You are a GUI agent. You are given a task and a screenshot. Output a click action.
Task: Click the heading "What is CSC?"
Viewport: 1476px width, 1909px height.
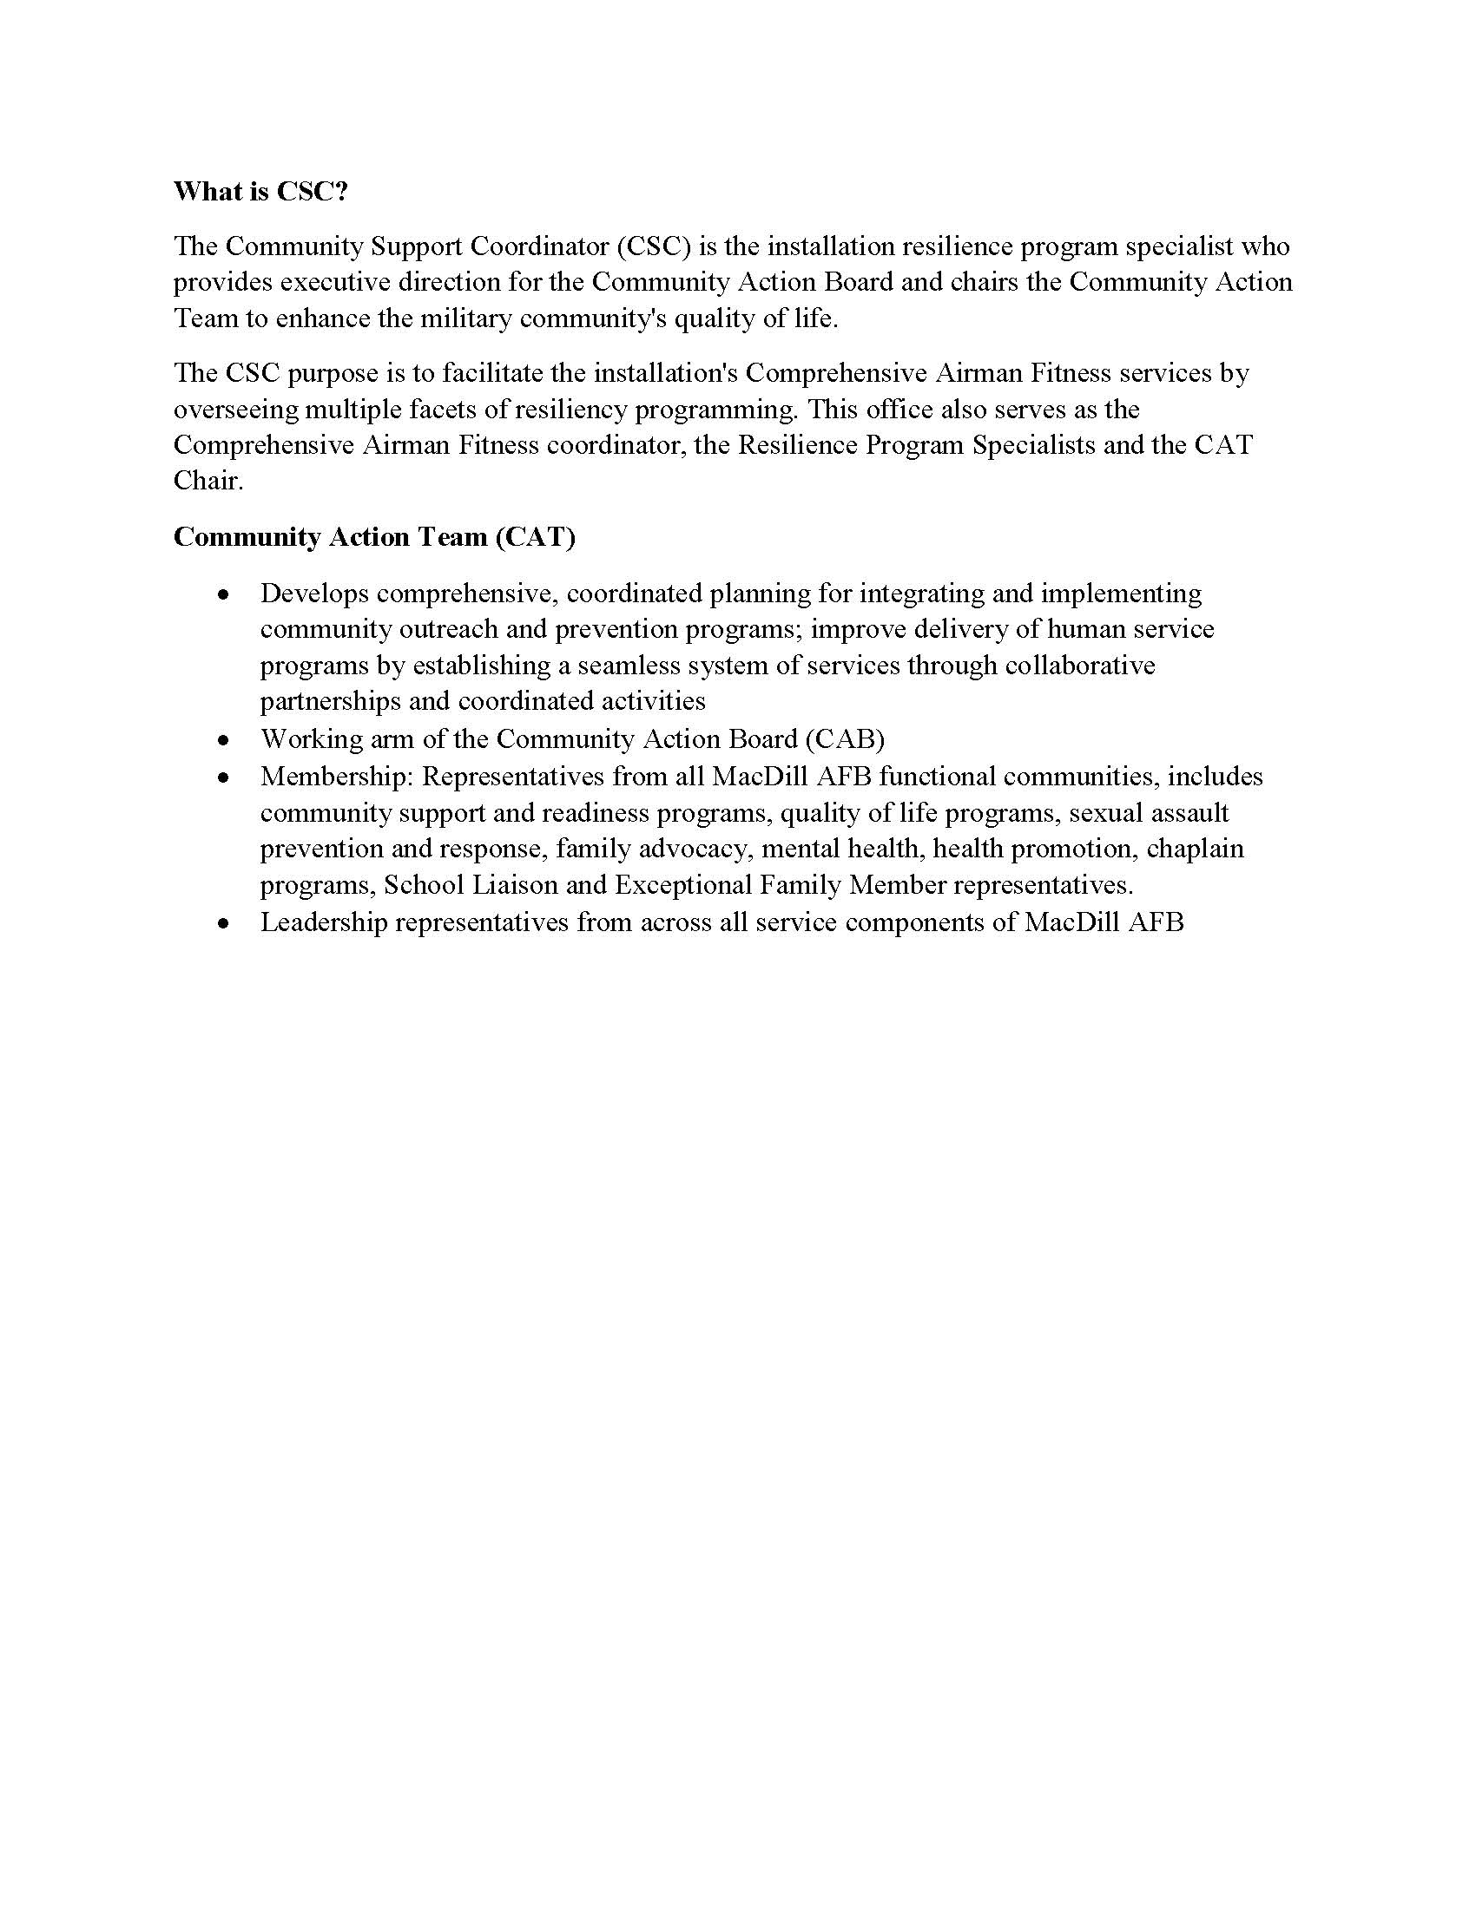(x=260, y=192)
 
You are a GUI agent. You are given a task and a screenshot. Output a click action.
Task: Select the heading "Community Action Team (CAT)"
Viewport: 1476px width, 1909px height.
(x=374, y=536)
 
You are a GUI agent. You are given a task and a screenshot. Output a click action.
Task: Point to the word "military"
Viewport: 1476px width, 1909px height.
(x=465, y=318)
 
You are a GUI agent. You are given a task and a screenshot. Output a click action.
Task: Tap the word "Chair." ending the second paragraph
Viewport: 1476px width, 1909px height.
(x=208, y=482)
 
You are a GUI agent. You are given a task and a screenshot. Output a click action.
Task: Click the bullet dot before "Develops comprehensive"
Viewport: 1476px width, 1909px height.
(x=225, y=595)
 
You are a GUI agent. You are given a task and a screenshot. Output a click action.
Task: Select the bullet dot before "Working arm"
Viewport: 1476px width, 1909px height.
(x=225, y=740)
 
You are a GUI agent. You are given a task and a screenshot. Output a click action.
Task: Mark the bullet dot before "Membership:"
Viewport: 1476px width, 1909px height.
(x=225, y=777)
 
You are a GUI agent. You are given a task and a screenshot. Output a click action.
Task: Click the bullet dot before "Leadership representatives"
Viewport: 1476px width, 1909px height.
(x=225, y=923)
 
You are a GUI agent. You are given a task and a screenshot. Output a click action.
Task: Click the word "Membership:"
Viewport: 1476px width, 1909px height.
(x=338, y=777)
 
